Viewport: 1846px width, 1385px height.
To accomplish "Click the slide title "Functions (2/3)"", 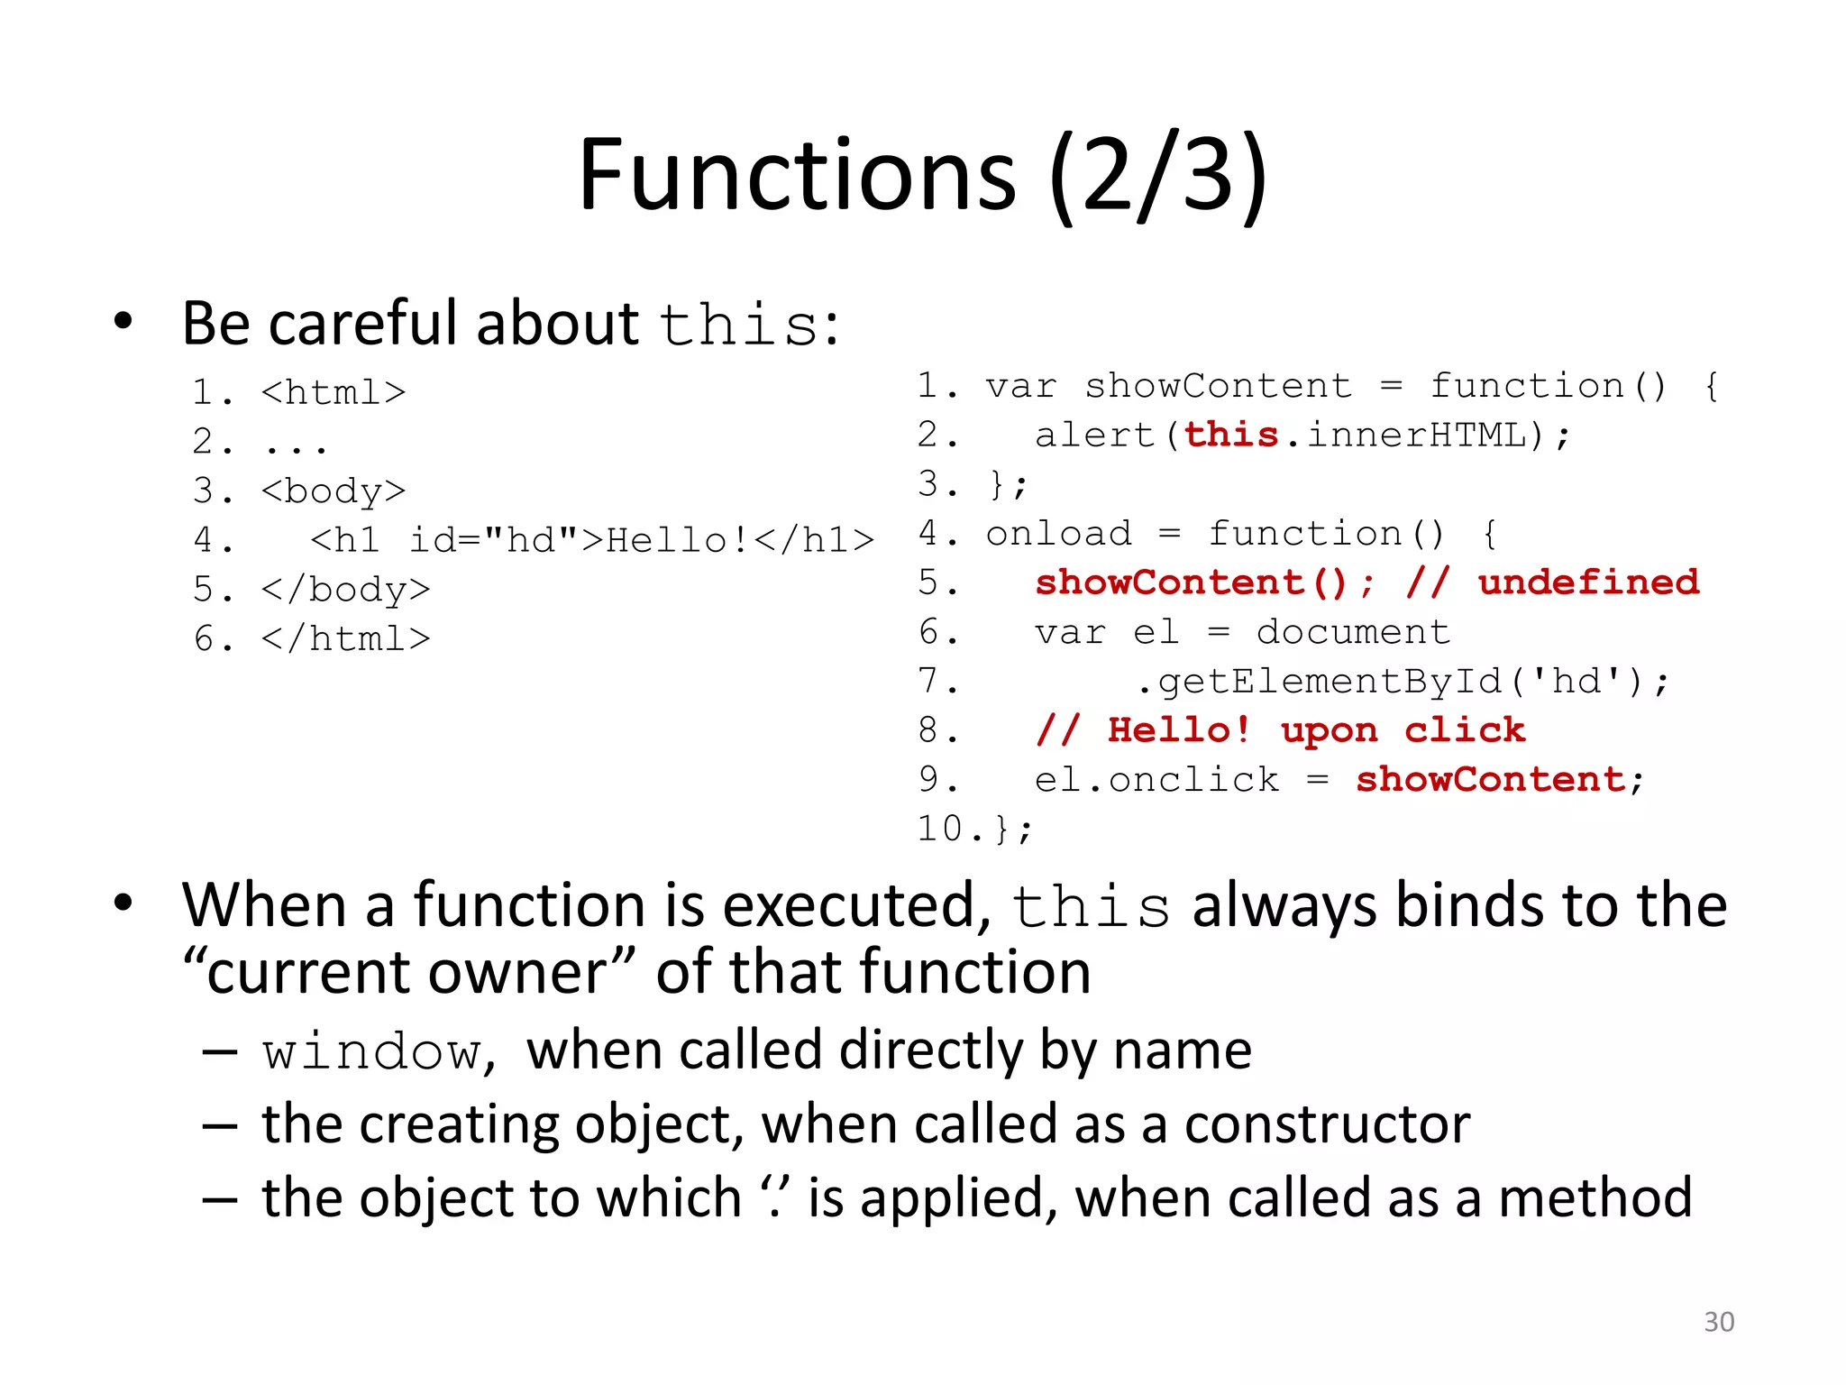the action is coord(922,176).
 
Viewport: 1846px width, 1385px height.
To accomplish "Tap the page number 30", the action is coord(1718,1322).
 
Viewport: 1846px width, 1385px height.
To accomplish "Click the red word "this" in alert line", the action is coord(1230,436).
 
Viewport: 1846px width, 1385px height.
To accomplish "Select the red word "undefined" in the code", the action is coord(1588,582).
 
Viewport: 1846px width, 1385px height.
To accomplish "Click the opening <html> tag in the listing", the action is coord(334,393).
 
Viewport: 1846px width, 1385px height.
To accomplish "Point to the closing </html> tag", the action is coord(345,639).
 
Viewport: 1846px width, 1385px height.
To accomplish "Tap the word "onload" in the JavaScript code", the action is coord(1058,534).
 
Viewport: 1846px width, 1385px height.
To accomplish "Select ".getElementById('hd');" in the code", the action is coord(1402,682).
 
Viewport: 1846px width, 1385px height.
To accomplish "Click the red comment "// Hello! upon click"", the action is coord(1280,730).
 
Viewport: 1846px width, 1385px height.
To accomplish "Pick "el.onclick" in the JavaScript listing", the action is coord(1156,780).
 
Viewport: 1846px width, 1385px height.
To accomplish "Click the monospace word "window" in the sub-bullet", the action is coord(372,1052).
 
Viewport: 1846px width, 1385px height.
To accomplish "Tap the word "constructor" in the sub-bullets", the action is coord(1327,1124).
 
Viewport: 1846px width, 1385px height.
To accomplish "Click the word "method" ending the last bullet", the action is coord(1595,1198).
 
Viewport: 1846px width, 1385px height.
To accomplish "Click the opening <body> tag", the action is coord(334,491).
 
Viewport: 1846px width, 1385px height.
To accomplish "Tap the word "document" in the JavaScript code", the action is coord(1353,632).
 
